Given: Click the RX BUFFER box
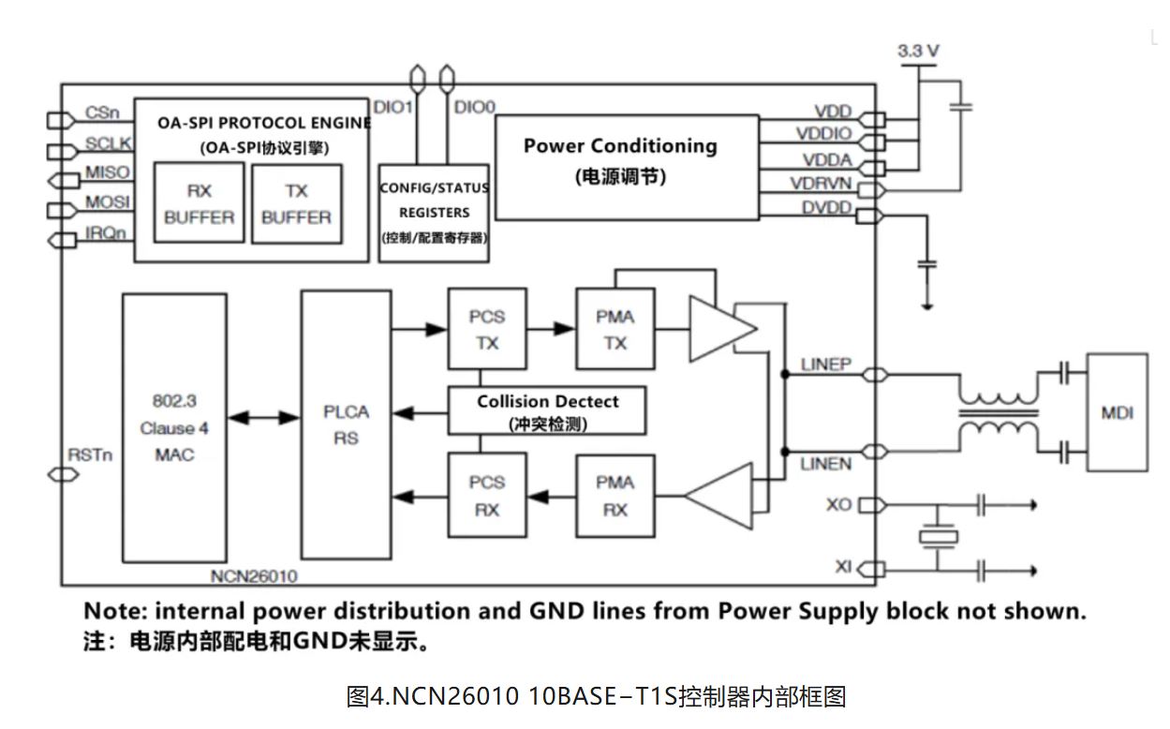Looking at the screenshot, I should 199,203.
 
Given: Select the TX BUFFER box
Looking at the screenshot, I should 296,203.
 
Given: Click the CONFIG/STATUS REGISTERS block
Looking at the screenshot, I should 434,212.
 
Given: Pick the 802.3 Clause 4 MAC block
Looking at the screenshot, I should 174,427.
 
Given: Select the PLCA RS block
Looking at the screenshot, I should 346,424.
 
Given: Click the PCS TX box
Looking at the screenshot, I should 486,330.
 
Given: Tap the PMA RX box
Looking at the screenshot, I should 615,496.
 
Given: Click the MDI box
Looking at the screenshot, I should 1116,412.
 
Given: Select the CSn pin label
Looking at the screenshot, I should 101,112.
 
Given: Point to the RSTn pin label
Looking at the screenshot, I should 90,454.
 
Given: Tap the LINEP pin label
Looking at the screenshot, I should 825,364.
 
